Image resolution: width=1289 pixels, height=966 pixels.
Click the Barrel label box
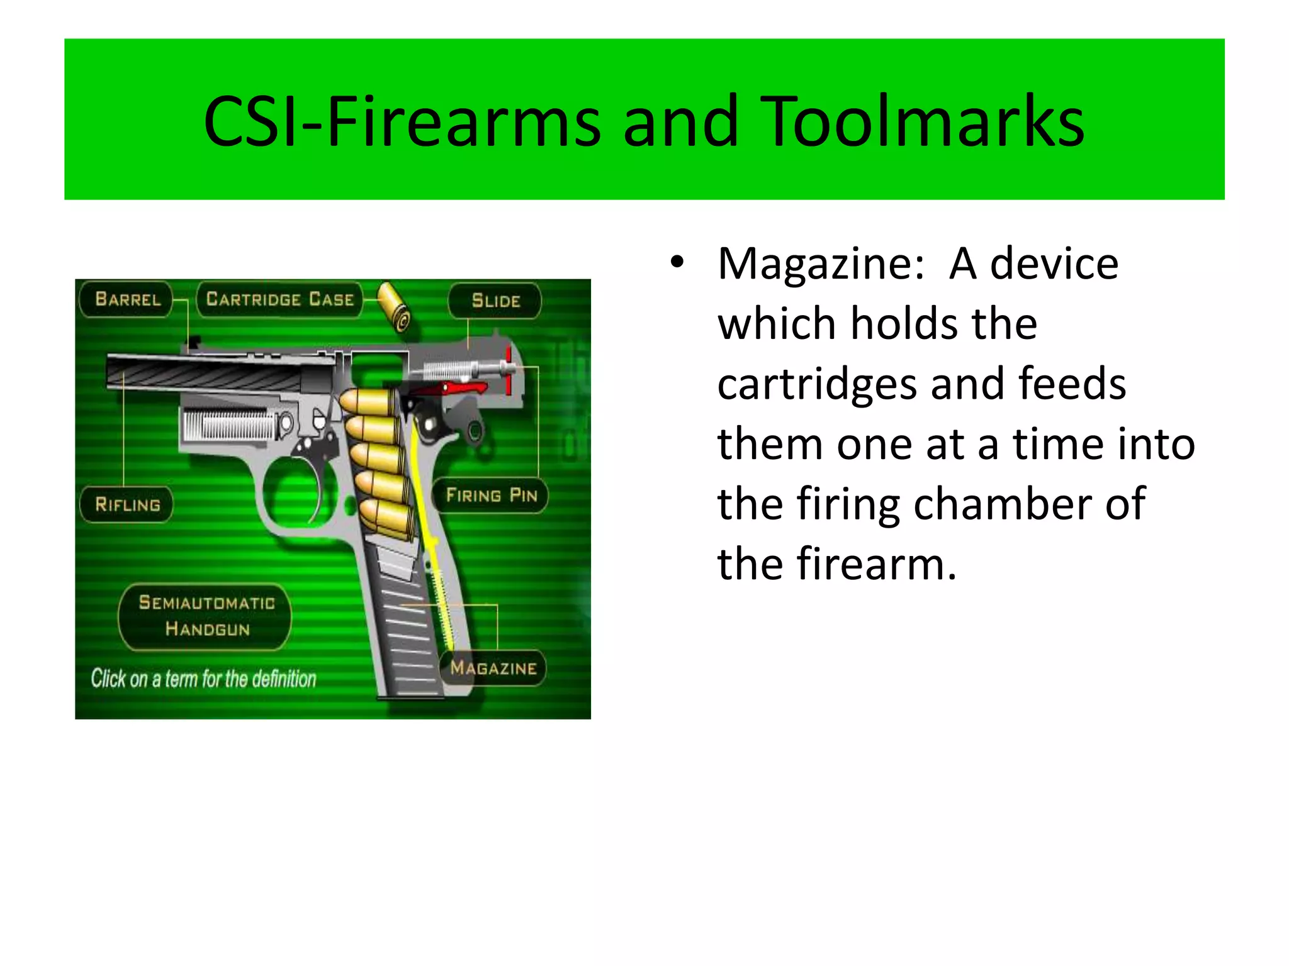point(127,299)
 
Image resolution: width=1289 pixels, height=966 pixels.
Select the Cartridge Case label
point(279,299)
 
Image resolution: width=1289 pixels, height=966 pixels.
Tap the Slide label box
point(495,301)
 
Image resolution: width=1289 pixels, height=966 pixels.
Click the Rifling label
point(127,504)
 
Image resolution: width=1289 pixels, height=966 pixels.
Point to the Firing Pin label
point(492,496)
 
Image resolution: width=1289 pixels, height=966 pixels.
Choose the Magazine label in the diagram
point(493,668)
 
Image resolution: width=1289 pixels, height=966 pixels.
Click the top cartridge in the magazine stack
point(368,401)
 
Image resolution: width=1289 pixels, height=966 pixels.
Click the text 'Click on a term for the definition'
point(203,679)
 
